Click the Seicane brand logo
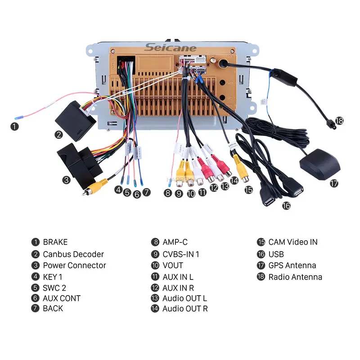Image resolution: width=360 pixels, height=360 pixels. point(171,48)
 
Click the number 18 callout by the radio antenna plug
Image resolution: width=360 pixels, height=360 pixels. point(339,121)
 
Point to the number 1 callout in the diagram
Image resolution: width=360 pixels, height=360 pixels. point(15,127)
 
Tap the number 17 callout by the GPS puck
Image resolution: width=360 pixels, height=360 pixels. point(333,184)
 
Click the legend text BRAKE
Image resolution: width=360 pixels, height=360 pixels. point(55,242)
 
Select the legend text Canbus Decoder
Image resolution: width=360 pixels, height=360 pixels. point(73,254)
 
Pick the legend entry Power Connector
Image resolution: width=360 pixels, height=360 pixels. point(75,265)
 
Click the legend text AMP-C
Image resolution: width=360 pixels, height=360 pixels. point(175,242)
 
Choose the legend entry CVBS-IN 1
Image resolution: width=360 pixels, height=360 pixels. point(181,254)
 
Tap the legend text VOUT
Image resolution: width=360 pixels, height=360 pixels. point(173,265)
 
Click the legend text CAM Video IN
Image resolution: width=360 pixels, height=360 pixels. point(293,242)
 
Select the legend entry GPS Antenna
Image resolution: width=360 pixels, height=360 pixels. point(292,265)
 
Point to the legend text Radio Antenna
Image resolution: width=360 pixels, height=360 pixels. point(295,277)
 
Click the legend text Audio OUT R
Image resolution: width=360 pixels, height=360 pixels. point(185,309)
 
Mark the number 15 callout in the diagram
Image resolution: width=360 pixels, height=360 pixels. point(249,190)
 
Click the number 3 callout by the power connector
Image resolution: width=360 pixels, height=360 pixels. point(66,180)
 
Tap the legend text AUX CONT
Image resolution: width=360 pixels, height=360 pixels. point(62,298)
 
